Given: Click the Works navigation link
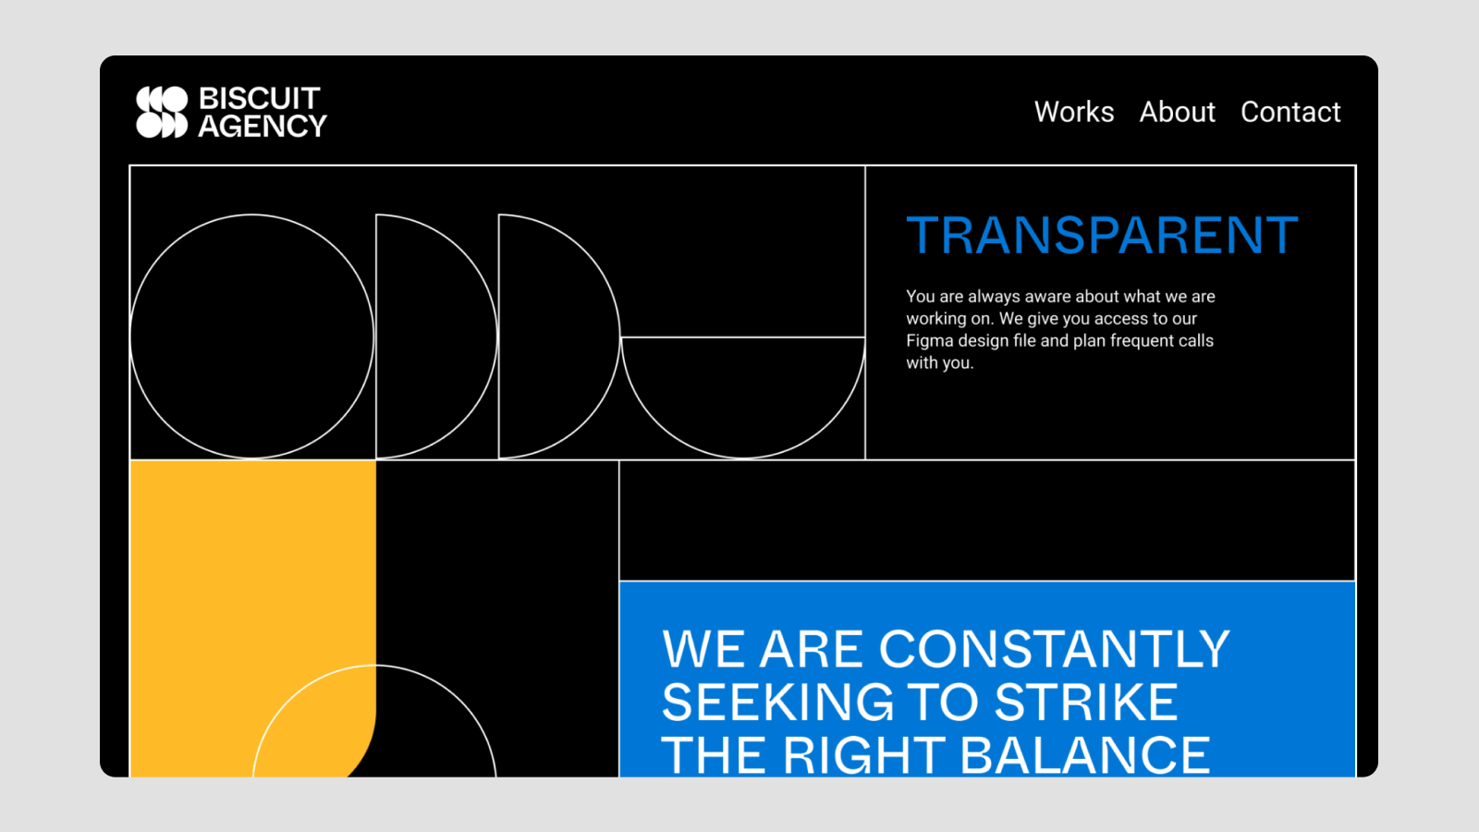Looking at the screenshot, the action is point(1073,112).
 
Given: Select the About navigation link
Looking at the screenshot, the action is point(1178,112).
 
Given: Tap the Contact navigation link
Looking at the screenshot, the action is point(1290,112).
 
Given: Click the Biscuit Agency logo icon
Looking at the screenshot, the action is point(162,112).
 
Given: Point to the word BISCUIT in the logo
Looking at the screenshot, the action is point(260,98).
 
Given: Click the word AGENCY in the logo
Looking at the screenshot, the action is point(263,126).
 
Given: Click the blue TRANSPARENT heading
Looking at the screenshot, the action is point(1102,235).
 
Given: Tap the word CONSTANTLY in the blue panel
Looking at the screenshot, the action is point(1055,649).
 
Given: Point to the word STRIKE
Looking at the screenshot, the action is point(1086,702).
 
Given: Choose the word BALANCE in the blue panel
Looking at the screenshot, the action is point(1085,754).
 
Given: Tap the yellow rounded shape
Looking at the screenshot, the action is point(253,594).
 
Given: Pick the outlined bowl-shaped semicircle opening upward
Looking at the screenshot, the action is point(743,459).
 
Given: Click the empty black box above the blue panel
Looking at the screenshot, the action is point(987,520).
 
